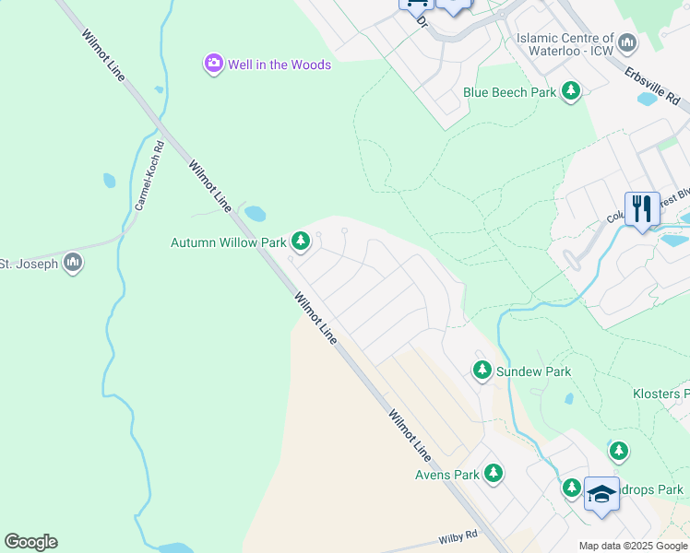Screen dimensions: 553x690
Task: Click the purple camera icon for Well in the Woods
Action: pyautogui.click(x=214, y=64)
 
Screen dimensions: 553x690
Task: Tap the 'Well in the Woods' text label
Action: pyautogui.click(x=280, y=65)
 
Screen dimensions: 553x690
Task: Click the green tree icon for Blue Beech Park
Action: pyautogui.click(x=572, y=91)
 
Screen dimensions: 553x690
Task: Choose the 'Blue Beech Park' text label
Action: pyautogui.click(x=509, y=92)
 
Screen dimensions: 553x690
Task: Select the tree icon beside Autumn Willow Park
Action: pyautogui.click(x=300, y=242)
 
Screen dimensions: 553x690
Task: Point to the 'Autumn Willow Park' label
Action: pyautogui.click(x=229, y=243)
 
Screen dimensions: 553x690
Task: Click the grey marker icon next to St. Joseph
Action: pyautogui.click(x=72, y=264)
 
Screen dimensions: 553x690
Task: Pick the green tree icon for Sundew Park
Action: pyautogui.click(x=482, y=371)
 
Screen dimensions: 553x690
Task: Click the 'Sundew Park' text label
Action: pyautogui.click(x=533, y=371)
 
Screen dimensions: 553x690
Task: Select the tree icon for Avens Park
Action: pyautogui.click(x=494, y=474)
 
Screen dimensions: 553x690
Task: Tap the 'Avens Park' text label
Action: pyautogui.click(x=446, y=475)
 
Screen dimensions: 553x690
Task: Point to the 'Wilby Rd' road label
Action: pyautogui.click(x=458, y=535)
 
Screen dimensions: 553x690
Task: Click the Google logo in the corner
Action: pyautogui.click(x=30, y=542)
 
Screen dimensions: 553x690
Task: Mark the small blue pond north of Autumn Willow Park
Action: pyautogui.click(x=256, y=214)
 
